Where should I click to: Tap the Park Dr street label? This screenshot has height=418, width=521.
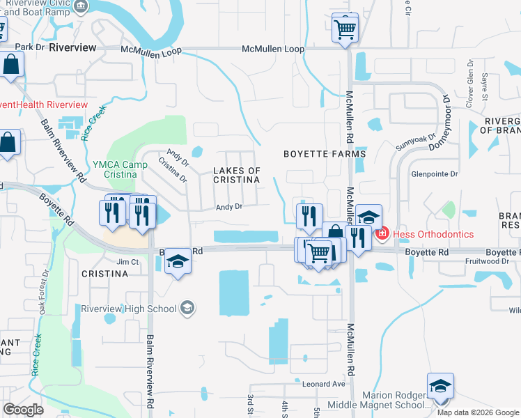point(29,47)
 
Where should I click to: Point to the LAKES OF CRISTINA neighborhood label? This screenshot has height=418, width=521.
point(236,175)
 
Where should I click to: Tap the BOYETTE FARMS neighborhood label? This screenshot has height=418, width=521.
point(325,153)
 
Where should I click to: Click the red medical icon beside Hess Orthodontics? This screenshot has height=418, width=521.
point(382,234)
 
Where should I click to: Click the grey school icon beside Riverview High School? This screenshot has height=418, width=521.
point(187,307)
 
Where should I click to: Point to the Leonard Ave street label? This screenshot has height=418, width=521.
point(323,384)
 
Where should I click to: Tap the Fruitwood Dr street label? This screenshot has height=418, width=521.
point(492,262)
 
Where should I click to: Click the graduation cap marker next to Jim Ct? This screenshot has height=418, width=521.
point(178,261)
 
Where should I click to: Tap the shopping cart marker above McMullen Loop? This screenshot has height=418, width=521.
point(345,28)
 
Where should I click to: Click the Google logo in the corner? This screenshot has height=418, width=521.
point(24,409)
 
